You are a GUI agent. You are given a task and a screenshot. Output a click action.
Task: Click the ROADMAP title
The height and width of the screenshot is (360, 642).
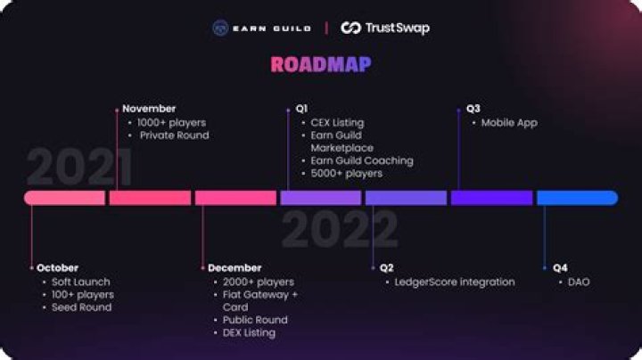click(321, 64)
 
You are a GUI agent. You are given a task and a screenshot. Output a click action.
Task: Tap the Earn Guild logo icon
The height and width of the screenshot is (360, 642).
click(220, 28)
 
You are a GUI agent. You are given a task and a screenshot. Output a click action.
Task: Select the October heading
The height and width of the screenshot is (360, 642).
click(57, 267)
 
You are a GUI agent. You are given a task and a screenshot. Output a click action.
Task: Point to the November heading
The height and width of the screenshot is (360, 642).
click(150, 109)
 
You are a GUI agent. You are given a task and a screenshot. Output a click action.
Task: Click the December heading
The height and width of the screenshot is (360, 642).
click(235, 267)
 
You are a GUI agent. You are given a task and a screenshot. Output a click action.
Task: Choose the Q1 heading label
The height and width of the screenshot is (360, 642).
click(301, 109)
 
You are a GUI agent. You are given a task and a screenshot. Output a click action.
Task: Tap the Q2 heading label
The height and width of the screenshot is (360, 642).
click(386, 267)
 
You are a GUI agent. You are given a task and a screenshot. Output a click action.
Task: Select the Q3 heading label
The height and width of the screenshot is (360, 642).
click(473, 109)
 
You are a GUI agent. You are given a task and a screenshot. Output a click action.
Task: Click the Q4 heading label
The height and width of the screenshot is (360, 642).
click(560, 267)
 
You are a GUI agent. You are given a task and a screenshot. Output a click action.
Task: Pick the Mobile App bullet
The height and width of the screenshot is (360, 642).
click(509, 122)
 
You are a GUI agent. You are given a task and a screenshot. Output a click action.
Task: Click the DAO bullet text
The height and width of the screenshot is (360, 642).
click(579, 282)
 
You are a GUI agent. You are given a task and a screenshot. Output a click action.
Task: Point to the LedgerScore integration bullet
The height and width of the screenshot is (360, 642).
click(454, 282)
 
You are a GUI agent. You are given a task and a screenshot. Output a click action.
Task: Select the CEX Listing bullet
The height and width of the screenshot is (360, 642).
click(337, 122)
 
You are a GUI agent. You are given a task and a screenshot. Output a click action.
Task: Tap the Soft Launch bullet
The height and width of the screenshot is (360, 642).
click(80, 282)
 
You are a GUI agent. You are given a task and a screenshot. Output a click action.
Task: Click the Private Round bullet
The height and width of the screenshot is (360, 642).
click(174, 135)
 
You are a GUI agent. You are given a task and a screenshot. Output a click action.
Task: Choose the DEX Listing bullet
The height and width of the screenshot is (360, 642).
click(249, 332)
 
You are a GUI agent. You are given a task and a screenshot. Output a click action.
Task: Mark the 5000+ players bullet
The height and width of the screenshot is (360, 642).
click(346, 174)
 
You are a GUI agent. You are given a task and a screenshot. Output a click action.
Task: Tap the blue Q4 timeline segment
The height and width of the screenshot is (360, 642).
click(577, 198)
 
